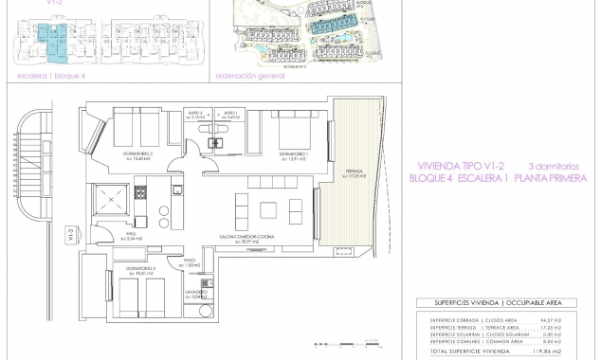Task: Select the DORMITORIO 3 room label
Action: pyautogui.click(x=138, y=271)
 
